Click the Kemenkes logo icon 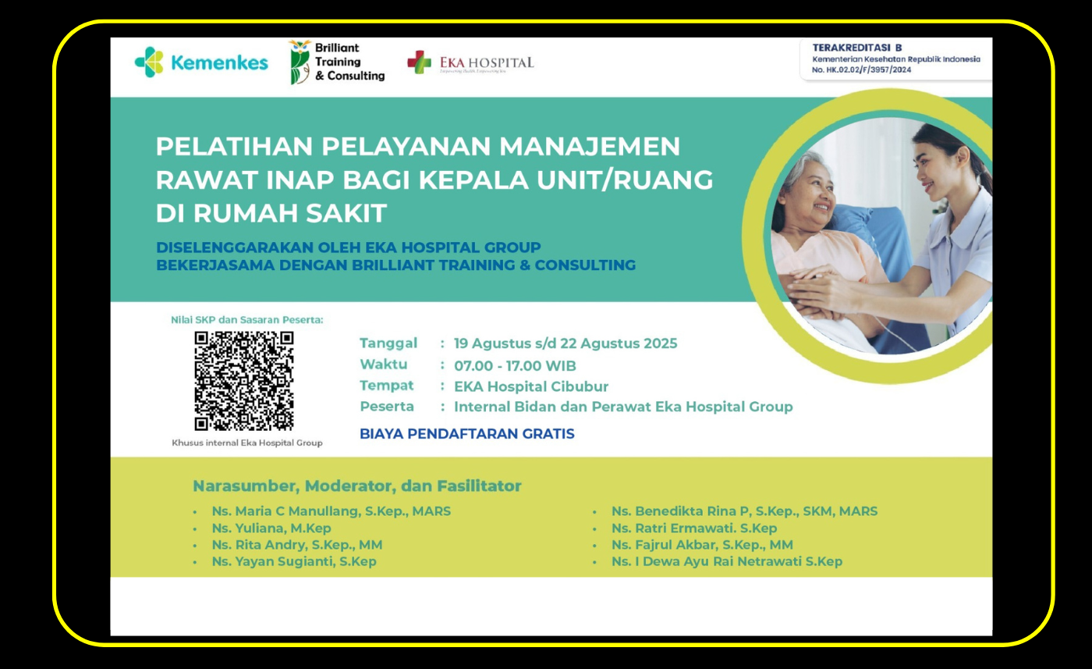coord(149,62)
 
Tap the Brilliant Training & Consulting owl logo coord(300,62)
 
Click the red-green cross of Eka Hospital coord(420,62)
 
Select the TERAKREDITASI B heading coord(857,48)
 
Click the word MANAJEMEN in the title coord(590,146)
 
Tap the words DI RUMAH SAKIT coord(271,213)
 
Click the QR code coord(244,381)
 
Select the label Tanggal coord(388,343)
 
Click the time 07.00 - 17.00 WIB coord(516,365)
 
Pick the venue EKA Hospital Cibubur coord(531,386)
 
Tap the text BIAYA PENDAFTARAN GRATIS coord(467,433)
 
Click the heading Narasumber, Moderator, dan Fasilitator coord(357,486)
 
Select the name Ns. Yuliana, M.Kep coord(271,528)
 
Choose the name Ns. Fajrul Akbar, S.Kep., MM coord(703,545)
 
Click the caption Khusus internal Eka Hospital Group coord(247,443)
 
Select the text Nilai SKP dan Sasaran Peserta coord(247,319)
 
